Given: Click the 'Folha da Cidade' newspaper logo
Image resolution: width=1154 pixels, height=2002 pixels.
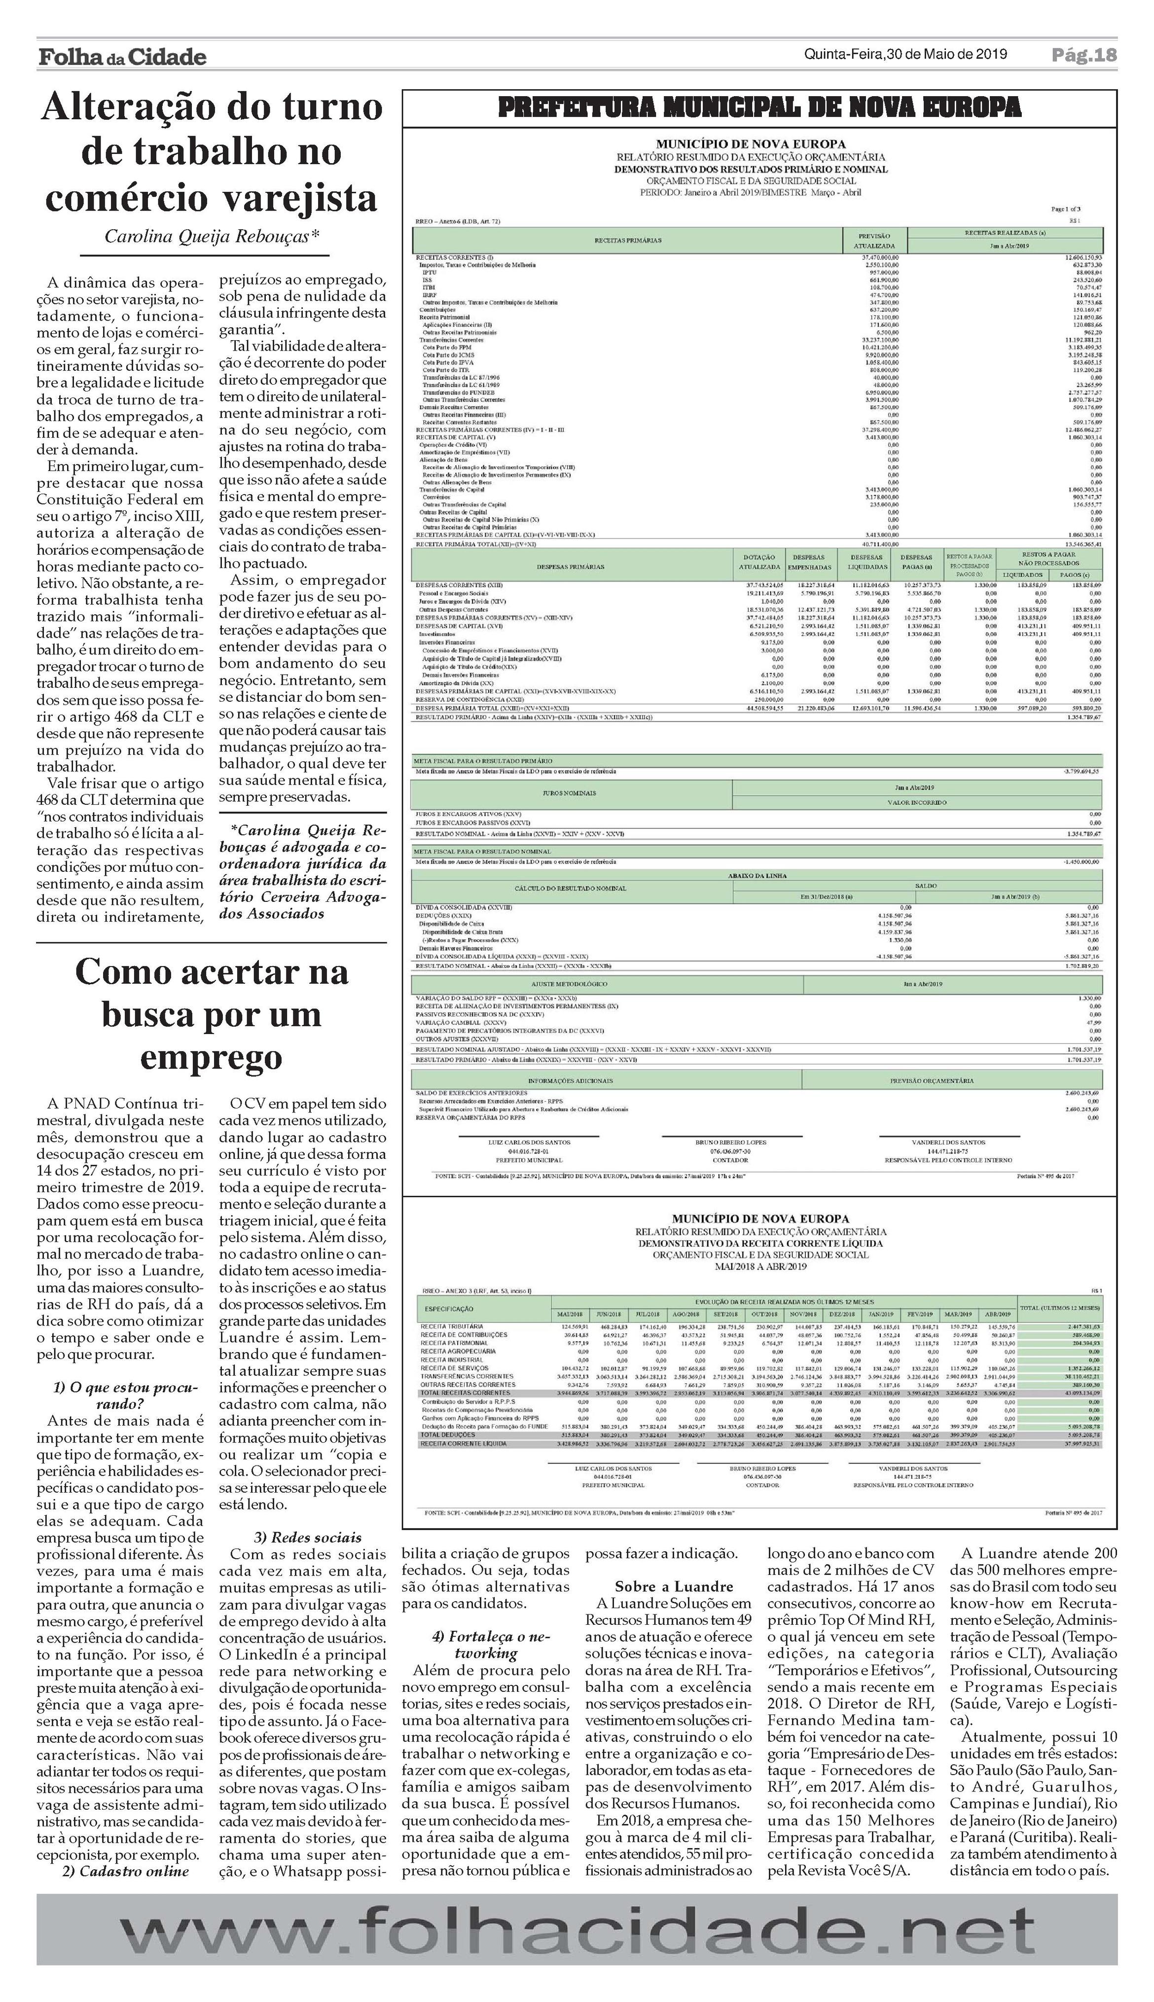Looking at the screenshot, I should tap(122, 56).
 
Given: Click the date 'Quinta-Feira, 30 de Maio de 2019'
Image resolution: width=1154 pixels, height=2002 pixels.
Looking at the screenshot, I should tap(905, 54).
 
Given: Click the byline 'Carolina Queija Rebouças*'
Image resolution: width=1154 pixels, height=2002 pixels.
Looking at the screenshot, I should tap(212, 236).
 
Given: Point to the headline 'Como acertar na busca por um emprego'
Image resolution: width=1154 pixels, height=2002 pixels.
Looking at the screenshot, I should tap(212, 1014).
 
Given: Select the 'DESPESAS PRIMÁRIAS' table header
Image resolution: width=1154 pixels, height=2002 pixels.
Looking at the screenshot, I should tap(570, 567).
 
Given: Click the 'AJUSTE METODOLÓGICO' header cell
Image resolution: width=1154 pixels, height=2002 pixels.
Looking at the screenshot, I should tap(607, 983).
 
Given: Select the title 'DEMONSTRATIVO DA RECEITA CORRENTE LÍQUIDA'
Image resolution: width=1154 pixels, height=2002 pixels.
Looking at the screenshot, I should tap(760, 1243).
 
